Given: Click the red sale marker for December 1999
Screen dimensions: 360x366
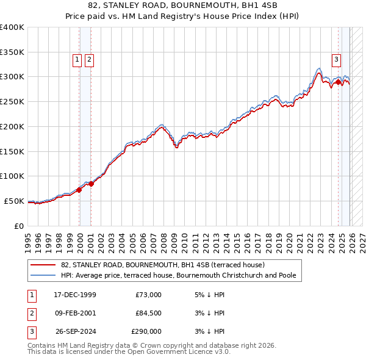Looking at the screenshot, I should (79, 190).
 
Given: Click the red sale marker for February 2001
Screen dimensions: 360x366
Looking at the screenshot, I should (91, 184).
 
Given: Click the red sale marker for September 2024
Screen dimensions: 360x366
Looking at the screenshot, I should (338, 82).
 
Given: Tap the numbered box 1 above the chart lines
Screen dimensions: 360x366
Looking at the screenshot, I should (77, 60).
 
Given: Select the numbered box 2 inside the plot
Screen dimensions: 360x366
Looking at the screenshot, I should (89, 60).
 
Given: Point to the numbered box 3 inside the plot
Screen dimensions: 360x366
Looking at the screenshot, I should (336, 60).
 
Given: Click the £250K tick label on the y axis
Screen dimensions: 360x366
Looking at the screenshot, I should (12, 101).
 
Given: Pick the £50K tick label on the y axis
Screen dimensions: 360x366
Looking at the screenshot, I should (14, 201).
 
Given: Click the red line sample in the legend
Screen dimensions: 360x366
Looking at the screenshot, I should (43, 265).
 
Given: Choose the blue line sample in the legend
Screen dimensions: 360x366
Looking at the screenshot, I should (43, 276).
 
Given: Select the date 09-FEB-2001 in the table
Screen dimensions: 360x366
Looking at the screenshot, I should (75, 313).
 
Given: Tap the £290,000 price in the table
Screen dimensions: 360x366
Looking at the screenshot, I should (146, 331).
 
